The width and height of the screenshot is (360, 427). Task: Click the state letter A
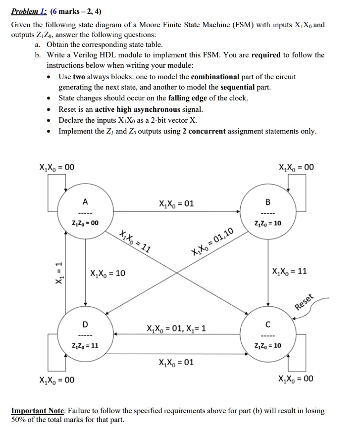point(85,201)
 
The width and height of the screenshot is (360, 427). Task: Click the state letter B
point(268,201)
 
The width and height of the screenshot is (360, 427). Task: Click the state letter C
point(268,325)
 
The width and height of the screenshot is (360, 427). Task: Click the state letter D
point(85,325)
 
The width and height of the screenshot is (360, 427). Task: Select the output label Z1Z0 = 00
point(85,223)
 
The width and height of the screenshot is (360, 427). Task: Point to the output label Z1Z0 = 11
point(85,345)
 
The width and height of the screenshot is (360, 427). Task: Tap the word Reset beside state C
point(305,302)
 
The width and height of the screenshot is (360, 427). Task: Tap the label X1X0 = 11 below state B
point(290,271)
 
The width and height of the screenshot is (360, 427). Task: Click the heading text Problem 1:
point(28,12)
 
